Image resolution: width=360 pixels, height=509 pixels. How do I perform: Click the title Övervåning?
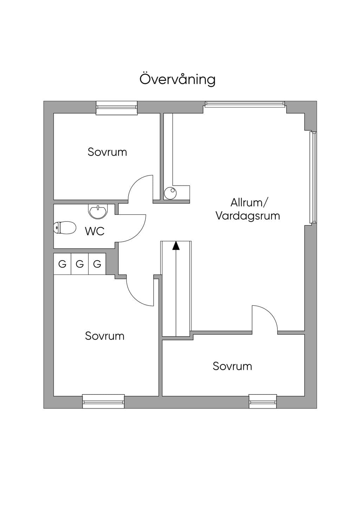pyautogui.click(x=177, y=79)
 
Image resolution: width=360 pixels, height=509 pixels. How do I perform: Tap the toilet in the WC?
pyautogui.click(x=65, y=227)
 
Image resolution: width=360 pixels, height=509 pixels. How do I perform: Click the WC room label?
pyautogui.click(x=95, y=231)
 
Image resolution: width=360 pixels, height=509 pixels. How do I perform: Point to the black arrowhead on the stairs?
pyautogui.click(x=176, y=246)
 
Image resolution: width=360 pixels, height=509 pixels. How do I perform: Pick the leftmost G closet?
pyautogui.click(x=62, y=264)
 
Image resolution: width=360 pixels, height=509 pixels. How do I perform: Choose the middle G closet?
pyautogui.click(x=80, y=264)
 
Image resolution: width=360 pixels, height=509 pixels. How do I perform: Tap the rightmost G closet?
pyautogui.click(x=97, y=264)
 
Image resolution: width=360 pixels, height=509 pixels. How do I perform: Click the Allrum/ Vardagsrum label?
pyautogui.click(x=248, y=209)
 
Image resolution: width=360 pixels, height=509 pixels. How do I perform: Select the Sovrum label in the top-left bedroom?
pyautogui.click(x=107, y=152)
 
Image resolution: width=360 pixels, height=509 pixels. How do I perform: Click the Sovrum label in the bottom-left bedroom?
pyautogui.click(x=105, y=336)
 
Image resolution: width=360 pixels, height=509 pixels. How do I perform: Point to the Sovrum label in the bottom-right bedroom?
pyautogui.click(x=232, y=366)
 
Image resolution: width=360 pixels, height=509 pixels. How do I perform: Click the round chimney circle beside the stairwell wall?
pyautogui.click(x=170, y=193)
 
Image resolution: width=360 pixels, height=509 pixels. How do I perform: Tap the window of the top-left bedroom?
pyautogui.click(x=117, y=108)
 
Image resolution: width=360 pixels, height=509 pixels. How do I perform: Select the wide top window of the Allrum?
pyautogui.click(x=245, y=104)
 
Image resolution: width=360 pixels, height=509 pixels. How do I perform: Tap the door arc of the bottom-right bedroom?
pyautogui.click(x=270, y=313)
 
